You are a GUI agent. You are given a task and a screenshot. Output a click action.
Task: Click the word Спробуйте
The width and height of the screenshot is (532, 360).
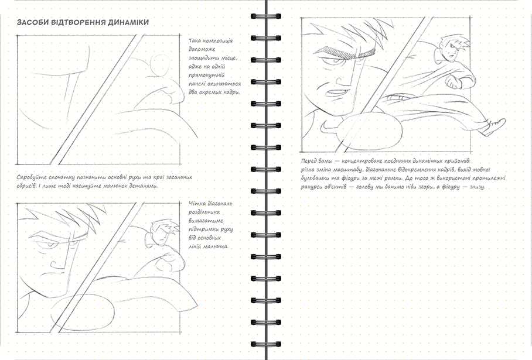click(29, 177)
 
